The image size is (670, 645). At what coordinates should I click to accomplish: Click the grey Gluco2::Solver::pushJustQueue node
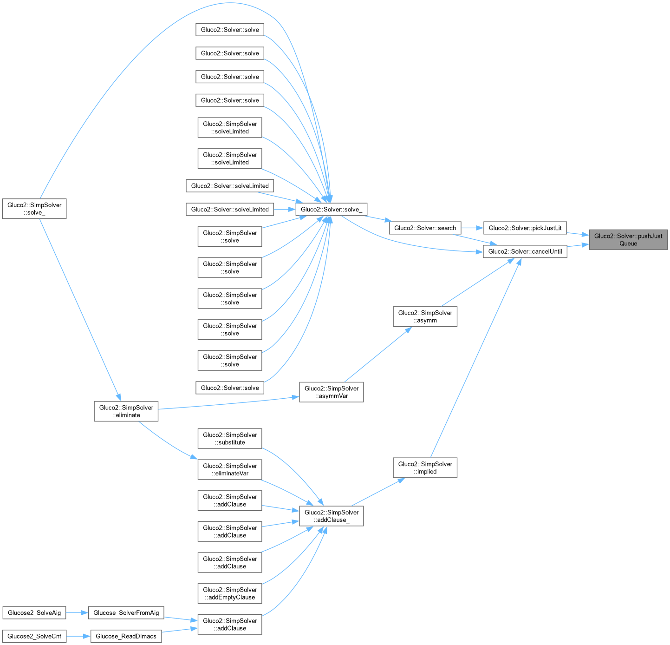[x=628, y=239]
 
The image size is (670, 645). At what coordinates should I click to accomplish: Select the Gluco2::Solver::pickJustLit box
[x=525, y=228]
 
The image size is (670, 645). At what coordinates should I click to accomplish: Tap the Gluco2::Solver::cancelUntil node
[x=525, y=251]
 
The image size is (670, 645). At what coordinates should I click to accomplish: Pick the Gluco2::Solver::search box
[x=425, y=228]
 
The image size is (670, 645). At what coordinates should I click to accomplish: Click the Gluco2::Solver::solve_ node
[x=331, y=209]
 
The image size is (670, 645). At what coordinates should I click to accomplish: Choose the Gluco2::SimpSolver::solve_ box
[x=34, y=209]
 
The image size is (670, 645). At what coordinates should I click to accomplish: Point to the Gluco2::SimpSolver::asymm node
[x=425, y=316]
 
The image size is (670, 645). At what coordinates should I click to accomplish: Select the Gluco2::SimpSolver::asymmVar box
[x=331, y=392]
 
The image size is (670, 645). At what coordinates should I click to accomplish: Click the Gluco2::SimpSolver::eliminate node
[x=126, y=411]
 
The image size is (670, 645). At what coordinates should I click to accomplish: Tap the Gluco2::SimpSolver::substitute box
[x=229, y=439]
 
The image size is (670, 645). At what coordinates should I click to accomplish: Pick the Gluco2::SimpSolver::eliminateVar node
[x=229, y=469]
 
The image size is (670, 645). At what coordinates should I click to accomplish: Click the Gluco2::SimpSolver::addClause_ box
[x=331, y=516]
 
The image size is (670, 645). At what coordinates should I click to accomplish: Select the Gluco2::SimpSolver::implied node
[x=425, y=467]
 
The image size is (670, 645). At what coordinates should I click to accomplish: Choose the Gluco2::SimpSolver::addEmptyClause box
[x=229, y=593]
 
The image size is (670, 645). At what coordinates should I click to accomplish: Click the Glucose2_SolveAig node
[x=34, y=612]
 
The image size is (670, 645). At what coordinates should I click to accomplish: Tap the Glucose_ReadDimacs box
[x=126, y=636]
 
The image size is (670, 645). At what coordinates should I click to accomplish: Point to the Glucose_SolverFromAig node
[x=126, y=612]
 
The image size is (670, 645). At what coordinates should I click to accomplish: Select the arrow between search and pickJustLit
[x=472, y=228]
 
